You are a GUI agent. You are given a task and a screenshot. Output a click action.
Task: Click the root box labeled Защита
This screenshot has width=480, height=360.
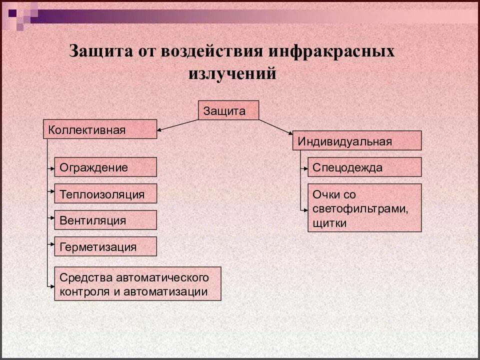click(x=229, y=110)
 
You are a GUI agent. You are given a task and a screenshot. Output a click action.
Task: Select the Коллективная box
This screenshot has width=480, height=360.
click(x=100, y=129)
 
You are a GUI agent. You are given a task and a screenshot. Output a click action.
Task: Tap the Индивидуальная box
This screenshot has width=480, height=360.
click(x=356, y=140)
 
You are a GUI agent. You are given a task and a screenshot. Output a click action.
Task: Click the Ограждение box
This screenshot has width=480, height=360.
click(x=105, y=167)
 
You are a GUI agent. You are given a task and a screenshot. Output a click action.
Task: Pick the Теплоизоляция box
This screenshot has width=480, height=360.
click(x=105, y=193)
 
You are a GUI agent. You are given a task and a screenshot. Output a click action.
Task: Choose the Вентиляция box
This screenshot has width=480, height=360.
click(x=105, y=220)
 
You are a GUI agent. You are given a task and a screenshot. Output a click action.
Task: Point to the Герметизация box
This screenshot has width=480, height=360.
click(x=105, y=246)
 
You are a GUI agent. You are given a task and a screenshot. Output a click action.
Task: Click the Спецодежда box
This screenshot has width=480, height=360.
click(x=364, y=167)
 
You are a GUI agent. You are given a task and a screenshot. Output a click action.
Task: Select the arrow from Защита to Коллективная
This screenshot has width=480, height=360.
click(x=178, y=125)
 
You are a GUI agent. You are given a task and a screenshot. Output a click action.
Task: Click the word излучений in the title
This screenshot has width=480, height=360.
click(x=232, y=74)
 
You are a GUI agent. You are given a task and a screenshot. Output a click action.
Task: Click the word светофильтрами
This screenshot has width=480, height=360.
click(x=360, y=208)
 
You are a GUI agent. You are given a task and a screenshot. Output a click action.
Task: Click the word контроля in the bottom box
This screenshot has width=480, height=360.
click(x=82, y=291)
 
